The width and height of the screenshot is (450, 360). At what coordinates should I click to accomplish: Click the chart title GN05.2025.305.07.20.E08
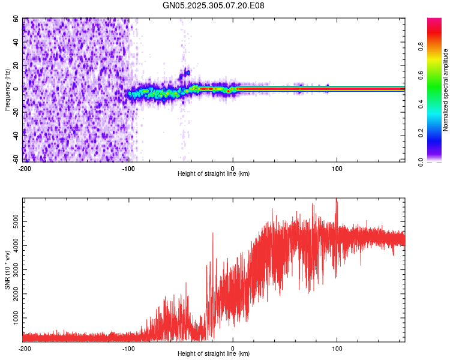[x=214, y=5]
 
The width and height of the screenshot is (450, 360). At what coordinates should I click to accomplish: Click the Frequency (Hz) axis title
[x=8, y=89]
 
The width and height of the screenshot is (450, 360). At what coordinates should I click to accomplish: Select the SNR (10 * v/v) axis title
[x=8, y=270]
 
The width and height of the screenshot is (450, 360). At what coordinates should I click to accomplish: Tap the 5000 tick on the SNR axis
[x=12, y=222]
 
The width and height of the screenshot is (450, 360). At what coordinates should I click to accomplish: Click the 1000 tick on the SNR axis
[x=12, y=316]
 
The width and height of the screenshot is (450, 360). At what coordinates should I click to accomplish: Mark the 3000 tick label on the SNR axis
[x=12, y=269]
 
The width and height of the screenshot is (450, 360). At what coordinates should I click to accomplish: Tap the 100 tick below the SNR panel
[x=337, y=348]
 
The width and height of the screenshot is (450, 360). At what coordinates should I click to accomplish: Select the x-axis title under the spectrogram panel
[x=214, y=174]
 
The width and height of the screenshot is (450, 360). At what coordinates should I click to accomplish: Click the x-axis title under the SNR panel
[x=214, y=354]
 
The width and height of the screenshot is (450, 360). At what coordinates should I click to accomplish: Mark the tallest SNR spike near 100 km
[x=337, y=200]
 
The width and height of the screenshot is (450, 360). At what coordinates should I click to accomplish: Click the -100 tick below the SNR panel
[x=128, y=348]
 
